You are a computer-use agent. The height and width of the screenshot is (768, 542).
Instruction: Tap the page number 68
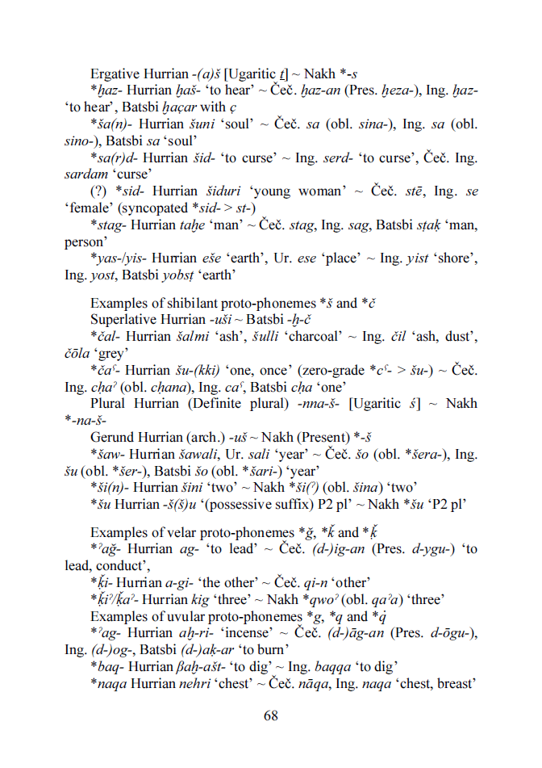pyautogui.click(x=271, y=716)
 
